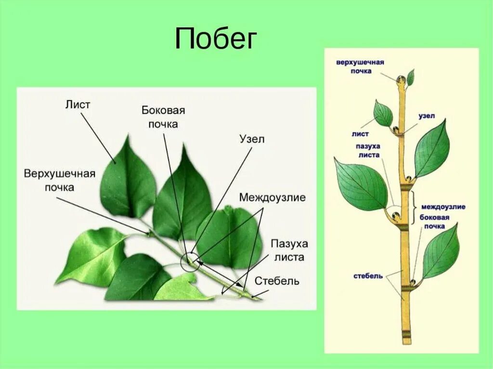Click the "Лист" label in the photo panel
(x=78, y=105)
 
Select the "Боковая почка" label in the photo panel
(x=163, y=117)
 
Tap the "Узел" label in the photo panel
(x=252, y=139)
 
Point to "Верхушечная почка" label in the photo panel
(x=60, y=180)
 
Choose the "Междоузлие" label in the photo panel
(x=272, y=197)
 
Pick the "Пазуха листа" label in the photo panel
(x=289, y=250)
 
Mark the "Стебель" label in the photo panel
(x=277, y=280)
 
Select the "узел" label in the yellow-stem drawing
(x=427, y=116)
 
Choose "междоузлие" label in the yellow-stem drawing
(x=443, y=207)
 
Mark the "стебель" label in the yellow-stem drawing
(x=368, y=276)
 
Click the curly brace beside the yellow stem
(x=415, y=206)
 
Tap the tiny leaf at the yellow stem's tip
(x=411, y=77)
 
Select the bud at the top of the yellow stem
(x=401, y=80)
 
